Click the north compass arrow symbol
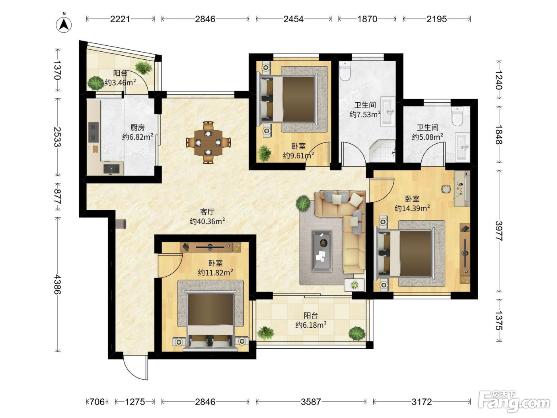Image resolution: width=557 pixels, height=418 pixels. pyautogui.click(x=64, y=24)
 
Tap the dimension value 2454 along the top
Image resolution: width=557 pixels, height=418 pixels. pyautogui.click(x=293, y=19)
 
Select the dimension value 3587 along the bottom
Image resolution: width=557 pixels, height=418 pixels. pyautogui.click(x=311, y=402)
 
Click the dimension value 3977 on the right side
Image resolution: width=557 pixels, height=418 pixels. pyautogui.click(x=499, y=231)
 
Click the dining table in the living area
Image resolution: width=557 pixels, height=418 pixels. pyautogui.click(x=208, y=143)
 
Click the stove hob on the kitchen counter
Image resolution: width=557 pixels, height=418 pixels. pyautogui.click(x=93, y=132)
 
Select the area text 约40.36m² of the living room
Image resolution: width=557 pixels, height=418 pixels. pyautogui.click(x=207, y=221)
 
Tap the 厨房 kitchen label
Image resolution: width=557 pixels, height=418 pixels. pyautogui.click(x=137, y=127)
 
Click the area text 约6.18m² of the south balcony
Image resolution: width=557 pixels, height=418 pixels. pyautogui.click(x=311, y=324)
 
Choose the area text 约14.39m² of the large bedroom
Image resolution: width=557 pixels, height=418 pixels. pyautogui.click(x=412, y=208)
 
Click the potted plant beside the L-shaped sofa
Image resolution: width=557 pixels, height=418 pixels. pyautogui.click(x=303, y=203)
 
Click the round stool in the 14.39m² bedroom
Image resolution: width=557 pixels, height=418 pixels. pyautogui.click(x=446, y=189)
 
